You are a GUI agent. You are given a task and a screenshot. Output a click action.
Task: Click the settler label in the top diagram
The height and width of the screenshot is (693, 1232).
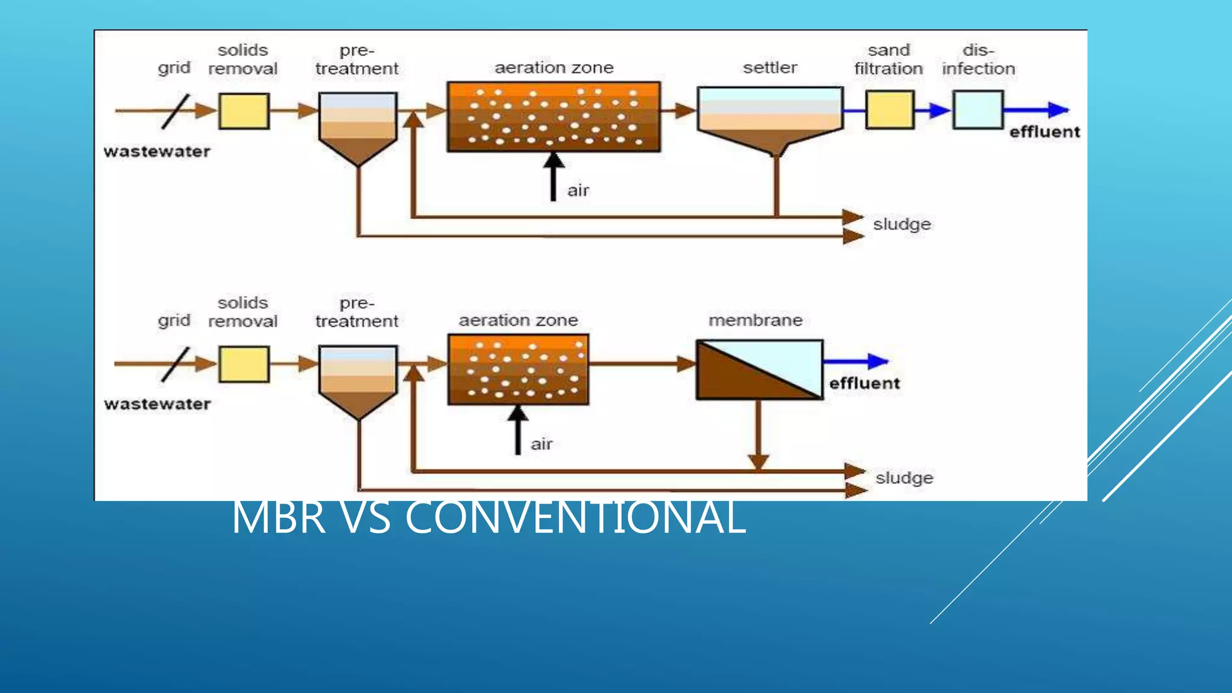[x=769, y=67]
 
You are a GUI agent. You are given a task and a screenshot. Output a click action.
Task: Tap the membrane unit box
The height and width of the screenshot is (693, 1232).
[x=759, y=370]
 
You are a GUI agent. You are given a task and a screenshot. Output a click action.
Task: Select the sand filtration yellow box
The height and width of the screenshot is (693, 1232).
[x=890, y=109]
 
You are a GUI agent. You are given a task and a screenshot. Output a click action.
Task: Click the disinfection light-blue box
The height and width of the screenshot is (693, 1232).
[x=978, y=109]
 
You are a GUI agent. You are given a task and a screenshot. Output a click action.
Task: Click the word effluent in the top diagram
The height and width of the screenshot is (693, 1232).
[x=1044, y=132]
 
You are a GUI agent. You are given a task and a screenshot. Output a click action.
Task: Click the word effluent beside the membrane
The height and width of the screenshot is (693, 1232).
[x=864, y=383]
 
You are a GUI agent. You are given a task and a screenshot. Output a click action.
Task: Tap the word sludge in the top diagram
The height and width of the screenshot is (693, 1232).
[x=902, y=224]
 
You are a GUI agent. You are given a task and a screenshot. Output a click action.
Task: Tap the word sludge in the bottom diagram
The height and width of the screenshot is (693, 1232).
[x=904, y=478]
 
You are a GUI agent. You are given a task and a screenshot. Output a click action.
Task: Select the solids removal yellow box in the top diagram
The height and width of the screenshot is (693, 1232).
[x=244, y=111]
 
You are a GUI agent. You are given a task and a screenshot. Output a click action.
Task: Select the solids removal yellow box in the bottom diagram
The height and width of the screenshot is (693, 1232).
[x=244, y=364]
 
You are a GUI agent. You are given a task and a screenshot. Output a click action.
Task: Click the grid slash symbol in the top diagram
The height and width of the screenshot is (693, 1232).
[x=175, y=111]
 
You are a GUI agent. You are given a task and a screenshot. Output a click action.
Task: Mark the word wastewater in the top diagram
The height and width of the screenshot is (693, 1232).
[x=157, y=151]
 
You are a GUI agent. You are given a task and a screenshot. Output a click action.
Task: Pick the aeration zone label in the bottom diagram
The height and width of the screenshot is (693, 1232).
[x=518, y=320]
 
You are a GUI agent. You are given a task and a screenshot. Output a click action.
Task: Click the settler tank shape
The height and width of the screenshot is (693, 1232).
[x=770, y=117]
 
